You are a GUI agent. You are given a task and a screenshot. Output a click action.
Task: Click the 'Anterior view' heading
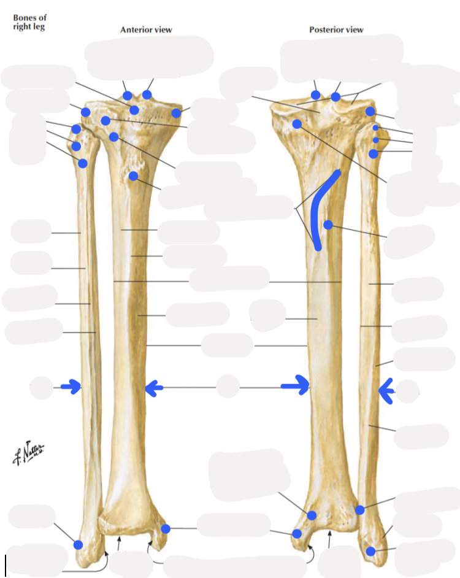146,29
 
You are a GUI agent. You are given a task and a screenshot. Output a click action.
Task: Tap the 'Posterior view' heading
336,29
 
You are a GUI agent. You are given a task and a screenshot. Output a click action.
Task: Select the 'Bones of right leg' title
29,23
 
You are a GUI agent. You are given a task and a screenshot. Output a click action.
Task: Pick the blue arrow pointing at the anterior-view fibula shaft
72,387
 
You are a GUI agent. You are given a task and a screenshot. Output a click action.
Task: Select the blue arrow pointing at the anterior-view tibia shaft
154,387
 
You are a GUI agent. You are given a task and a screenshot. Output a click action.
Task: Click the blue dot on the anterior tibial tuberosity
133,177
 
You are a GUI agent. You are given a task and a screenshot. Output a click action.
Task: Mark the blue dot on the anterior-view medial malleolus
165,529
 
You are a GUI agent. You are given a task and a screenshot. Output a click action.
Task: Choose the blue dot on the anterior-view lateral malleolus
78,544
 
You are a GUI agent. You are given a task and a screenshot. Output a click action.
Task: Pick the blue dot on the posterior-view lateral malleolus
370,551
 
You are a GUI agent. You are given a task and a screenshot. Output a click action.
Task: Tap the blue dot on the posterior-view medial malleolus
297,534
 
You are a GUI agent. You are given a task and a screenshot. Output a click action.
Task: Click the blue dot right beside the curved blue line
328,225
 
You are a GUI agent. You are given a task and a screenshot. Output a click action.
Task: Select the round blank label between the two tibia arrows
228,387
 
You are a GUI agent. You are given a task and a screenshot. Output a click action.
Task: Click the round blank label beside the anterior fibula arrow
42,387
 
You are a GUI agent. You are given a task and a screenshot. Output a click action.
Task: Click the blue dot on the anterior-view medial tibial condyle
177,113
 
